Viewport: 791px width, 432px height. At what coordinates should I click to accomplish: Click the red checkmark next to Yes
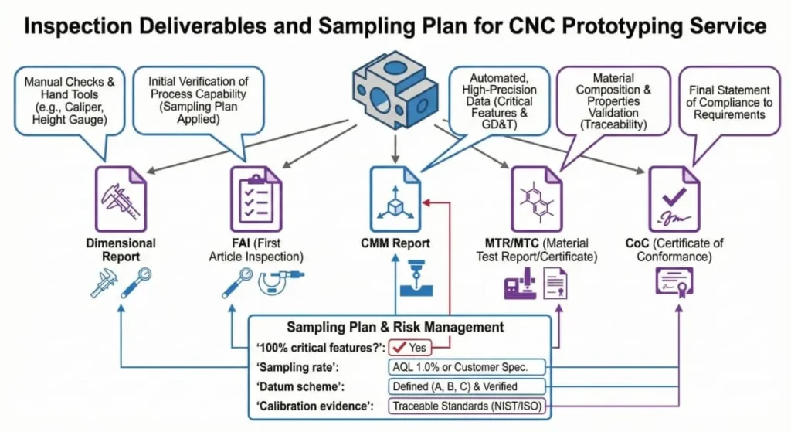click(x=399, y=348)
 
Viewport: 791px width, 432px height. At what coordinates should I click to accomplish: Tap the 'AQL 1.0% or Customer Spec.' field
click(x=467, y=367)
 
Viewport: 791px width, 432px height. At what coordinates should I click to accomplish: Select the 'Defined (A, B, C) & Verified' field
click(x=467, y=386)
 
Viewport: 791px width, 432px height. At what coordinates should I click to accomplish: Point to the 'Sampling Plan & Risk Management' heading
click(x=395, y=328)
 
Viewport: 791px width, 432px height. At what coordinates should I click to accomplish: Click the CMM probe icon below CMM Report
click(x=411, y=281)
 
